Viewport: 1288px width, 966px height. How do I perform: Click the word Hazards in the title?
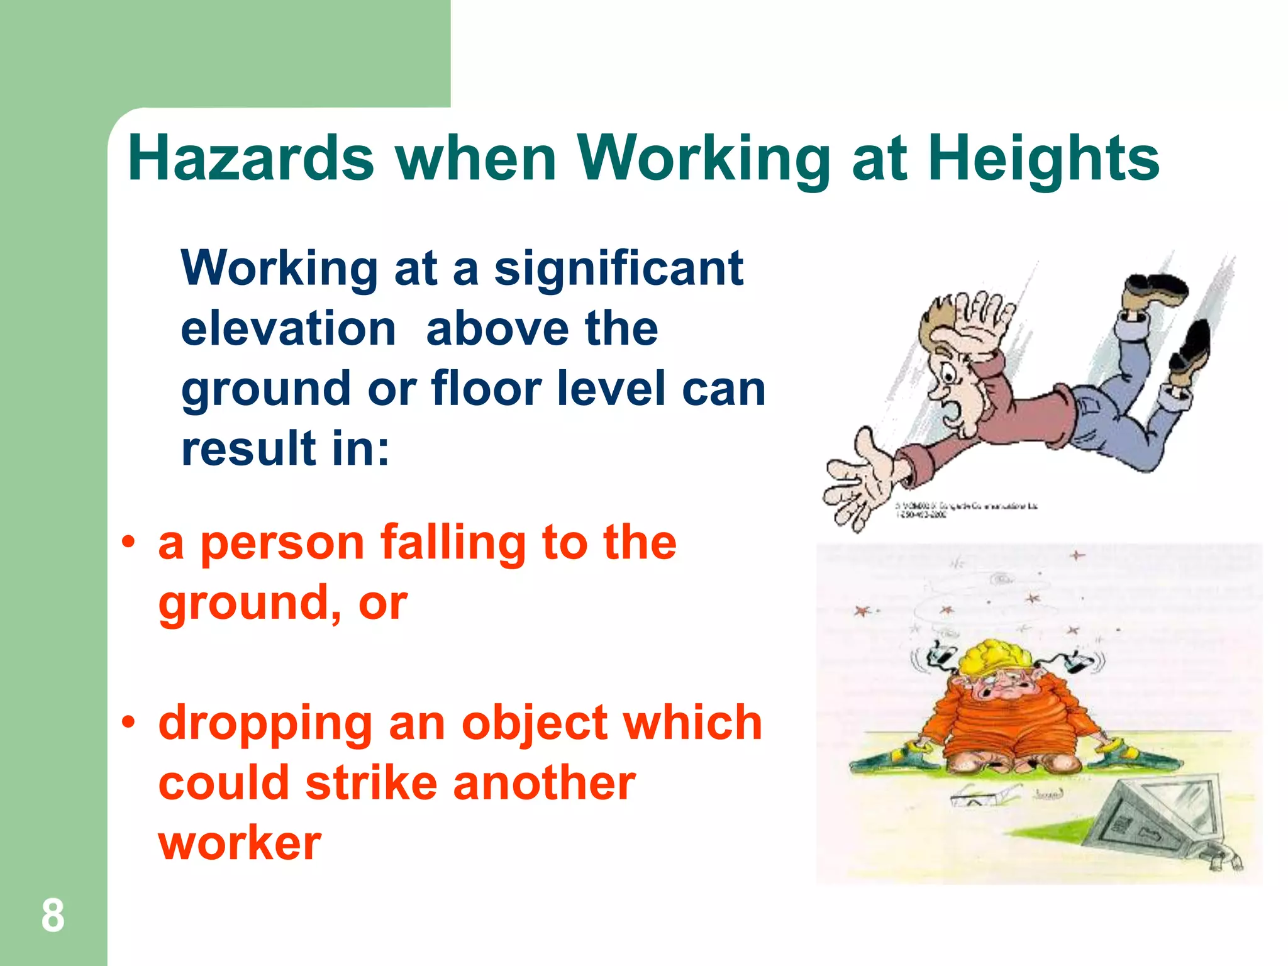click(250, 158)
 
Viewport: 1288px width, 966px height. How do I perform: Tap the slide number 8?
click(53, 916)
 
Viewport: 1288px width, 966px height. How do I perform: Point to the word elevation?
click(288, 329)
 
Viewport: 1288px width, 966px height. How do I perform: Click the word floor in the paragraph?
click(486, 388)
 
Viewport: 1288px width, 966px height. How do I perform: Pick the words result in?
click(285, 448)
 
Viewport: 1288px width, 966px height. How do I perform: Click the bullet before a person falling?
click(129, 542)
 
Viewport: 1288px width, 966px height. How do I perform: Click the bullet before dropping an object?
click(129, 723)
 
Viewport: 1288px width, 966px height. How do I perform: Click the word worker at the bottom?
click(240, 843)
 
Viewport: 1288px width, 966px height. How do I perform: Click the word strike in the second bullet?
click(371, 784)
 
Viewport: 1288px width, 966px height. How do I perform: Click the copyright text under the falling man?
click(965, 509)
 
